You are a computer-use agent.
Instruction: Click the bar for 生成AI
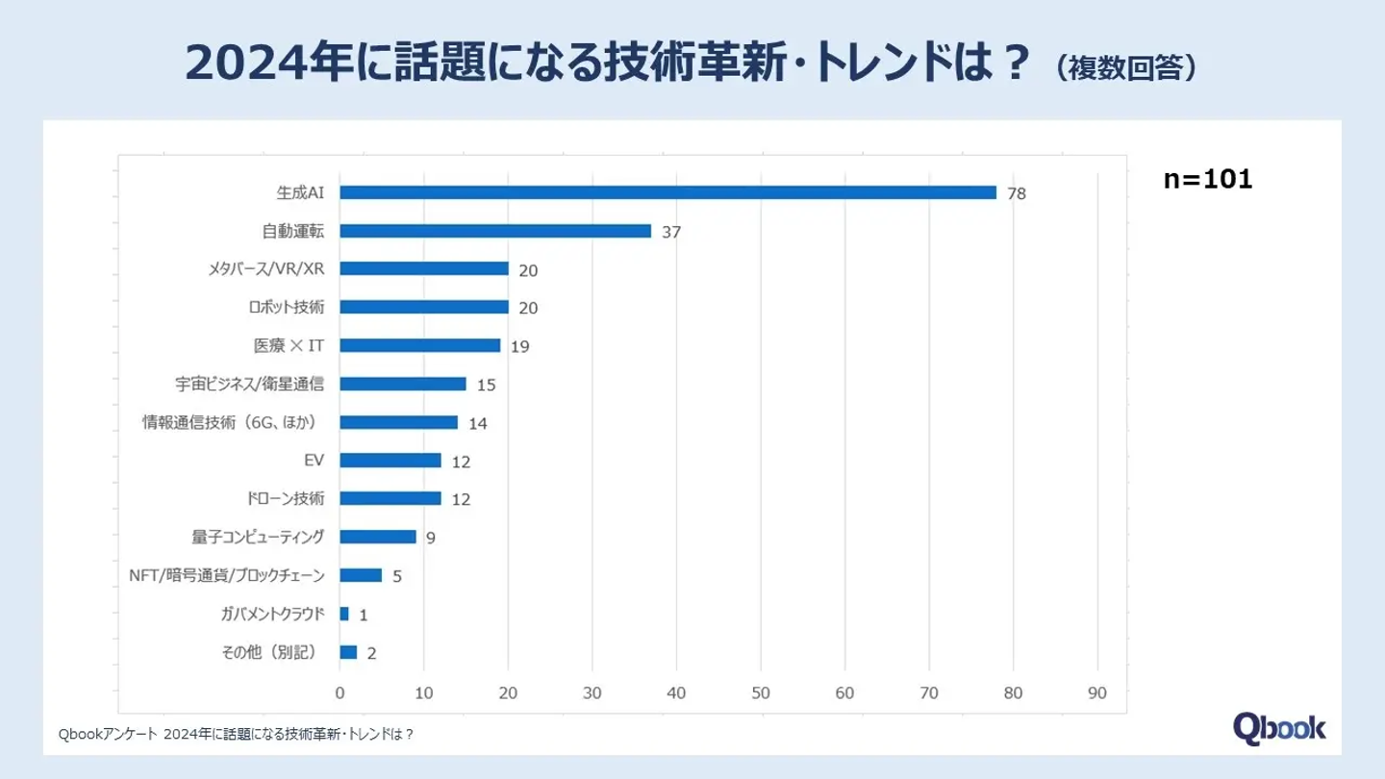[667, 192]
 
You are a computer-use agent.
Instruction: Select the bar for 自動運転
[495, 231]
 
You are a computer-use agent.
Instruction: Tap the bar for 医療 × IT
[419, 345]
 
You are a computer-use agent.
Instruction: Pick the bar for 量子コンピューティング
[377, 537]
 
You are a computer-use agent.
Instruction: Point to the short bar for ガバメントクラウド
[344, 614]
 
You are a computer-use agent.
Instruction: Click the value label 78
[1017, 193]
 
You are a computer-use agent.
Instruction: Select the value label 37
[671, 232]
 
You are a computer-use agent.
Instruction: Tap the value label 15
[486, 385]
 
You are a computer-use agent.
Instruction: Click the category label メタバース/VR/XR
[265, 268]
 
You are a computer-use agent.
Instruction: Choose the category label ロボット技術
[286, 307]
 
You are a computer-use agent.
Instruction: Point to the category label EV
[314, 460]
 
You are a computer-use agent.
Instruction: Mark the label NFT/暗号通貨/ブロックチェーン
[226, 575]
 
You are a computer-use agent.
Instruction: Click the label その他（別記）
[270, 652]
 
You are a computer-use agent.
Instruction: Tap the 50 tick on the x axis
[761, 692]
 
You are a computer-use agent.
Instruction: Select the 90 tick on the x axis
[1097, 692]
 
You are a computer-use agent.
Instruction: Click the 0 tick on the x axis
[340, 692]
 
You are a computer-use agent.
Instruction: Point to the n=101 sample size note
[1207, 180]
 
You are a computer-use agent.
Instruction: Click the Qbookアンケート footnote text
[236, 735]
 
